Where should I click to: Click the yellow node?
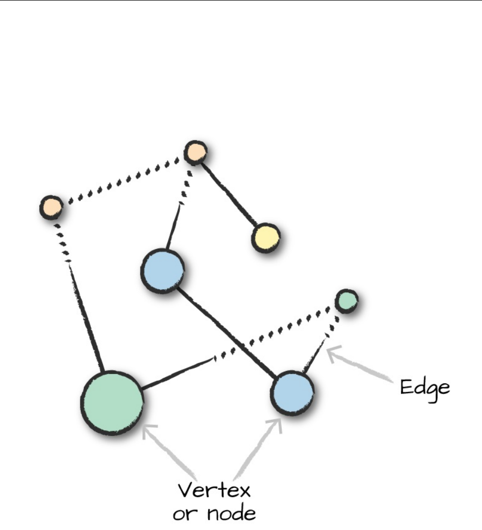pyautogui.click(x=266, y=238)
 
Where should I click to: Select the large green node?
pyautogui.click(x=112, y=403)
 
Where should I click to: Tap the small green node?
pyautogui.click(x=347, y=301)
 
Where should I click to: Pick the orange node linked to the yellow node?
pyautogui.click(x=196, y=152)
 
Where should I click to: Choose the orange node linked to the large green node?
pyautogui.click(x=51, y=207)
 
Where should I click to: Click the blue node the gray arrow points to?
pyautogui.click(x=292, y=393)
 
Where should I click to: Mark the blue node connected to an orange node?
pyautogui.click(x=162, y=271)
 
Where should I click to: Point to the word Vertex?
pyautogui.click(x=214, y=490)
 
